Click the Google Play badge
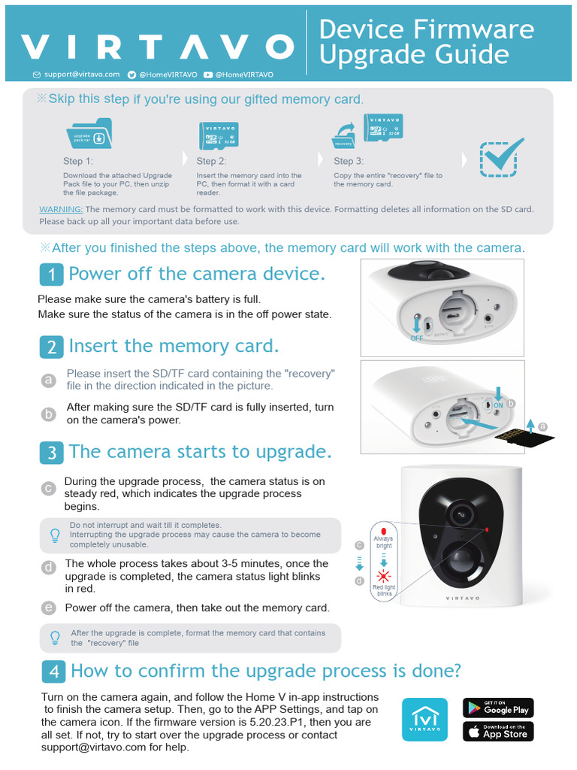497,708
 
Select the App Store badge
497,731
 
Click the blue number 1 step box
50,274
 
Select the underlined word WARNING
61,209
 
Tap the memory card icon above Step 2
219,135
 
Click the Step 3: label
349,161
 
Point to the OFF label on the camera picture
417,338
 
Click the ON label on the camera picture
497,405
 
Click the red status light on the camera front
487,530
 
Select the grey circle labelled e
49,608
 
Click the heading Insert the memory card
174,346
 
